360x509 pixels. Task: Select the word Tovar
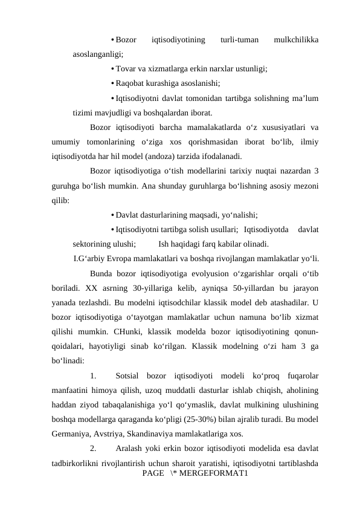[126, 69]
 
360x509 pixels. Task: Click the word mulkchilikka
[297, 41]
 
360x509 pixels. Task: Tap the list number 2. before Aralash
[94, 449]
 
